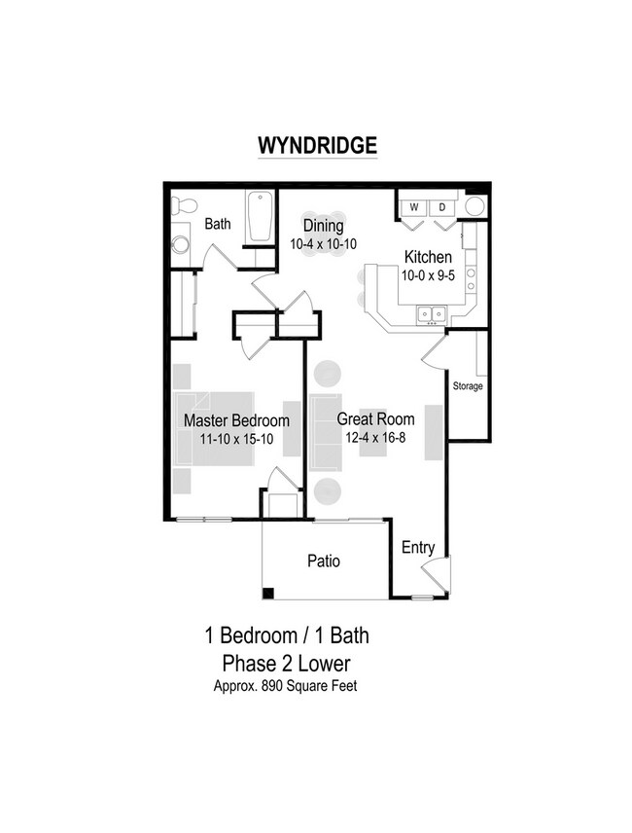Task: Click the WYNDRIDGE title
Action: [x=316, y=145]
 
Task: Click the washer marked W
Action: [x=413, y=207]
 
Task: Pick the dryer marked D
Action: [x=440, y=207]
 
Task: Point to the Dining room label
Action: [x=322, y=226]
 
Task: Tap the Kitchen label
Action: [x=428, y=258]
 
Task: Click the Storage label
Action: [x=467, y=386]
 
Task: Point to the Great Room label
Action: [x=375, y=420]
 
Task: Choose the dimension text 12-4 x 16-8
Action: [x=375, y=438]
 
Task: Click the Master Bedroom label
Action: [x=236, y=421]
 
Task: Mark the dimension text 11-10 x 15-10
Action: [x=236, y=438]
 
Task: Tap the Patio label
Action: [x=323, y=561]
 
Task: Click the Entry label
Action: [x=418, y=548]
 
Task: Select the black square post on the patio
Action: [x=268, y=593]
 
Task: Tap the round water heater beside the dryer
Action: [x=474, y=206]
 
